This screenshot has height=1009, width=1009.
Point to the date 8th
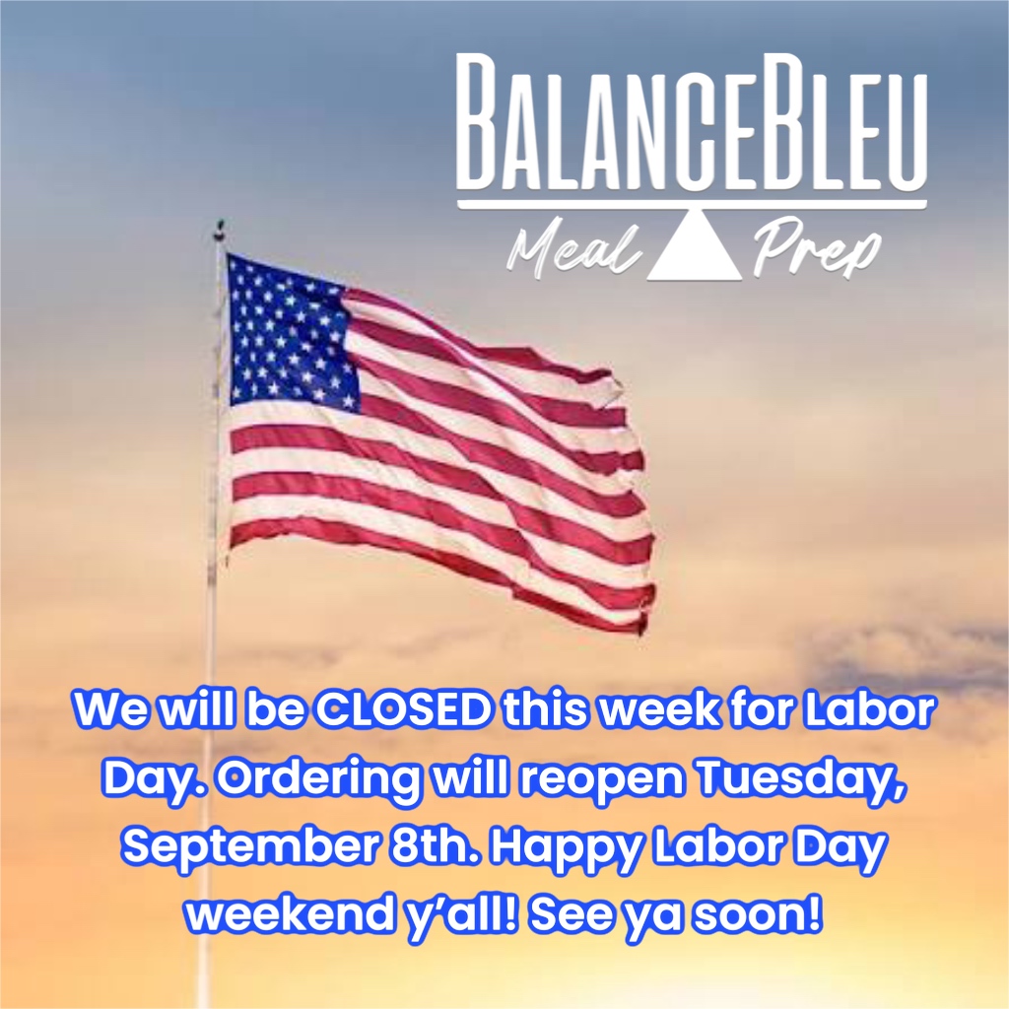pyautogui.click(x=436, y=846)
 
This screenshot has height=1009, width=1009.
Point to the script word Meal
pyautogui.click(x=574, y=249)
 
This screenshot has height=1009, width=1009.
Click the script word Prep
pyautogui.click(x=816, y=249)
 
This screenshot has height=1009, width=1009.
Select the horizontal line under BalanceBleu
pyautogui.click(x=692, y=205)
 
